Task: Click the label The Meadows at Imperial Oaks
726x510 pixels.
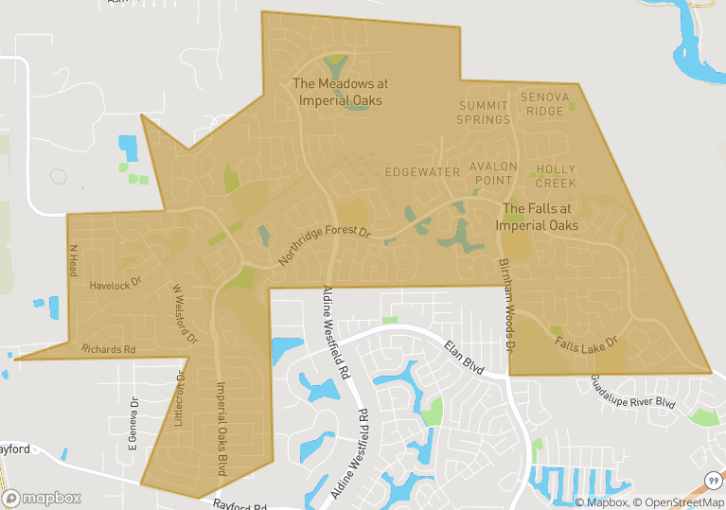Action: (341, 92)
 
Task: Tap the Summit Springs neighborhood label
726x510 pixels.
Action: (484, 113)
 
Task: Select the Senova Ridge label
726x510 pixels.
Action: (544, 105)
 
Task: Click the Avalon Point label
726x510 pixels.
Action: (494, 173)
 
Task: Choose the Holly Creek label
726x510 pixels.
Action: (556, 176)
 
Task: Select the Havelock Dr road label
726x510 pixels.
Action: (115, 282)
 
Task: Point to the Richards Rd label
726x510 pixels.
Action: (108, 349)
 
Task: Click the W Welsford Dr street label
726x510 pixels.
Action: (185, 312)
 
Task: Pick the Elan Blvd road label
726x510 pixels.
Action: (464, 360)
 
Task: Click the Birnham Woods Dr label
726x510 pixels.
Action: (506, 305)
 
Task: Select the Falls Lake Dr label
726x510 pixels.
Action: (586, 343)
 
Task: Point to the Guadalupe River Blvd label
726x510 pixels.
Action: (633, 391)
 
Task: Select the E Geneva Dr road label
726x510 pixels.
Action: (133, 423)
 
